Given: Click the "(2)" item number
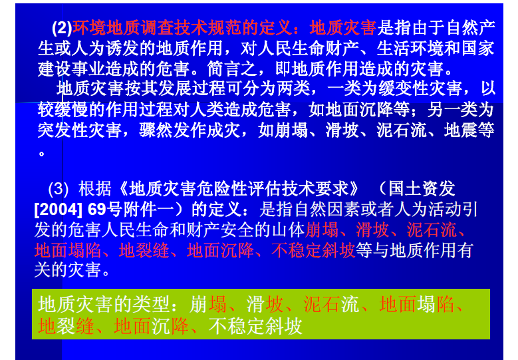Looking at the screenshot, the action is coord(62,28).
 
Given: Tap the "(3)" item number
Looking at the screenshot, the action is coord(58,189).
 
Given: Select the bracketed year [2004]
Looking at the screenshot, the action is coord(58,210).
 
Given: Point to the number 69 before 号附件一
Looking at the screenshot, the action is coord(97,210).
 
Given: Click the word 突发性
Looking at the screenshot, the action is coord(63,130).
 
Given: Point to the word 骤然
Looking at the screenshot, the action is coord(156,130).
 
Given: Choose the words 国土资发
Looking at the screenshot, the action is coord(422,189).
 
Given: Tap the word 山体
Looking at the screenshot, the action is coord(288,230).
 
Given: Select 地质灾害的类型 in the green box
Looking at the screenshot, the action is coord(104,305).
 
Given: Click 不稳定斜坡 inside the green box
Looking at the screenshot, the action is coord(255,326).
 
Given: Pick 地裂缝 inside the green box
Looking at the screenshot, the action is coord(66,326).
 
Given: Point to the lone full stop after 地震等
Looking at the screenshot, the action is coord(42,154).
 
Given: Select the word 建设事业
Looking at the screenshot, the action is coord(71,69).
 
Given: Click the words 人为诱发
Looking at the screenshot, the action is coord(105,49).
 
